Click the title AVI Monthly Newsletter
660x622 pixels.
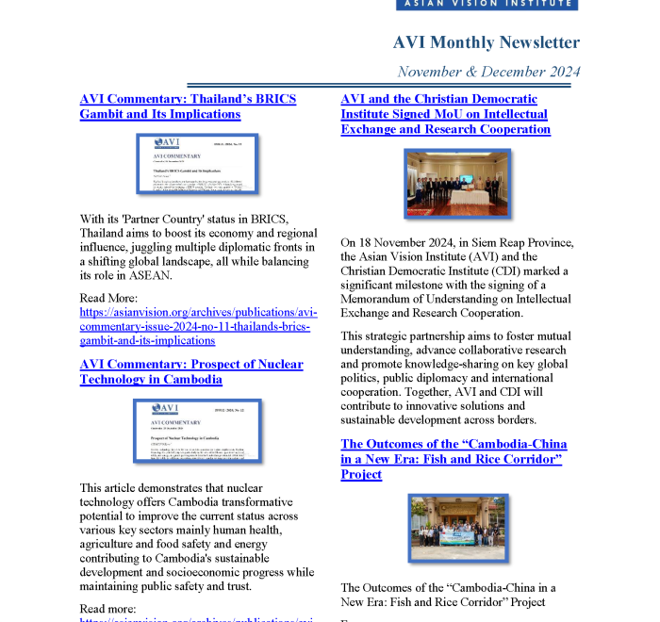click(486, 42)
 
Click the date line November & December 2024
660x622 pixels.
click(488, 72)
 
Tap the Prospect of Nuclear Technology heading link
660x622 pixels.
click(191, 371)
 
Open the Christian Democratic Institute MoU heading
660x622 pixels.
click(445, 114)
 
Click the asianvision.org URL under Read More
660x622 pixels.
click(198, 326)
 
